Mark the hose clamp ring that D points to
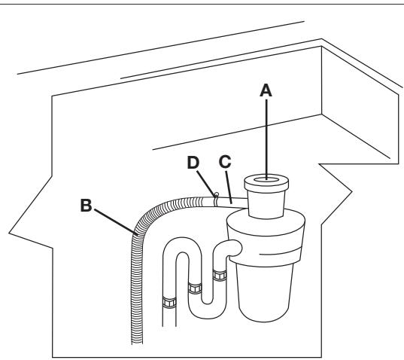(216, 198)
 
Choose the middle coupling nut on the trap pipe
(195, 287)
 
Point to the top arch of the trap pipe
(181, 247)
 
